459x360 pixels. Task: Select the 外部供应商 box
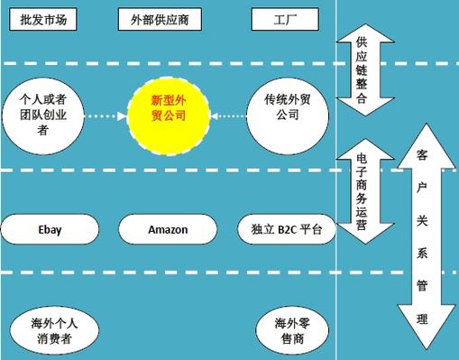point(167,19)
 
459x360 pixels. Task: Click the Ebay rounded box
point(49,229)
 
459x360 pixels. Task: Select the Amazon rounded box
point(167,229)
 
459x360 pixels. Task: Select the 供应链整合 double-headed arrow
point(361,70)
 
